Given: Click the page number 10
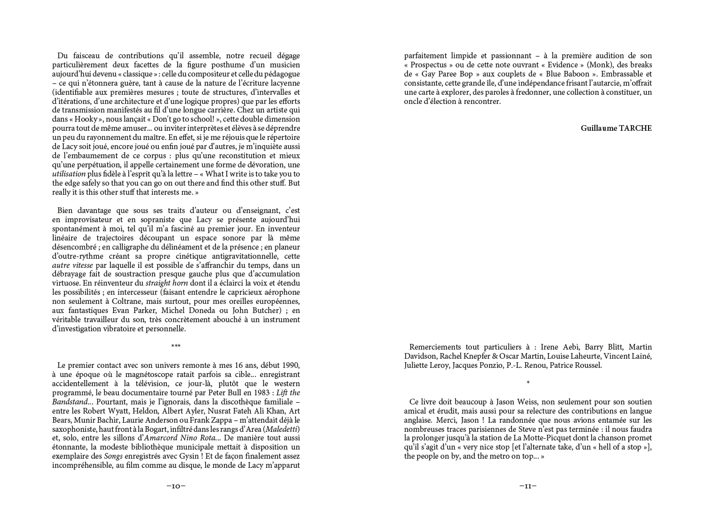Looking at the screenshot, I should point(176,486).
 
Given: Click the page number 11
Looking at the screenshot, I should point(528,486).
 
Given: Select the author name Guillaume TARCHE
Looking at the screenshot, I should point(616,129).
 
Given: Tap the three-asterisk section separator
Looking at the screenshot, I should point(176,346).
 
